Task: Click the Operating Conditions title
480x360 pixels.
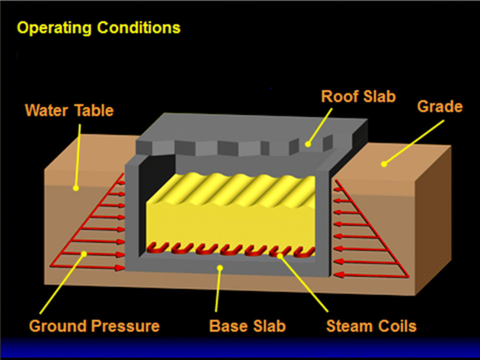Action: click(98, 29)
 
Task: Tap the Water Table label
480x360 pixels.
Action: click(69, 110)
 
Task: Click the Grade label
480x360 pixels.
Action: click(440, 106)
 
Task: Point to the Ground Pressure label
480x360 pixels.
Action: click(95, 326)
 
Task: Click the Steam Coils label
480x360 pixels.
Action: click(371, 326)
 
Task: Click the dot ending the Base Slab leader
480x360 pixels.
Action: click(220, 267)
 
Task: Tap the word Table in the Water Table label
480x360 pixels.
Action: click(95, 110)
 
